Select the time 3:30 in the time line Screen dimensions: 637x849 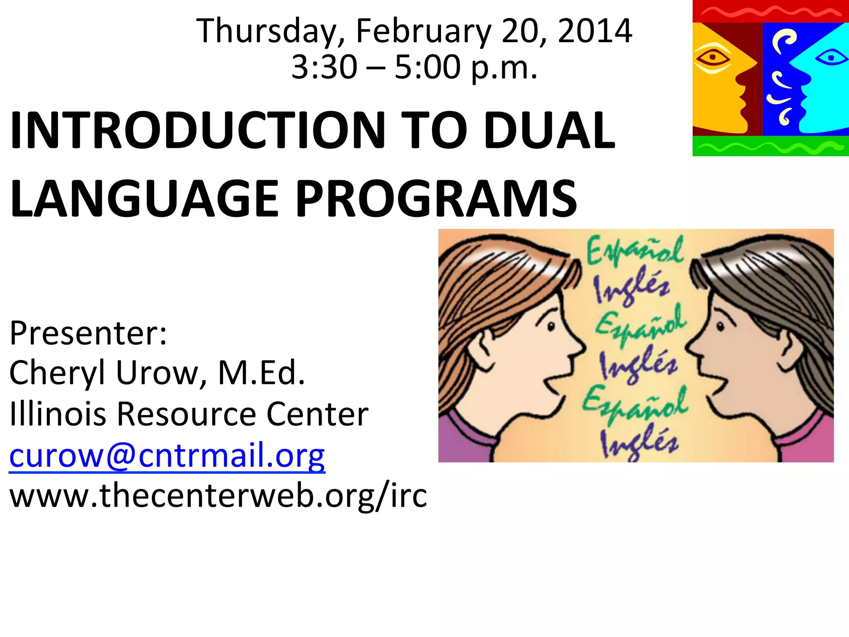[324, 67]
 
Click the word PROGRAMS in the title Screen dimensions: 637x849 [436, 199]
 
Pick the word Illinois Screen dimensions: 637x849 [58, 413]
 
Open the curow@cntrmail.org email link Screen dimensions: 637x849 [167, 455]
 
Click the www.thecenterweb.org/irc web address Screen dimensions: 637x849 [218, 495]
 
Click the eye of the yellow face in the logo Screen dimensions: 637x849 [713, 58]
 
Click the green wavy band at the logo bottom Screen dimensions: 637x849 [770, 146]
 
